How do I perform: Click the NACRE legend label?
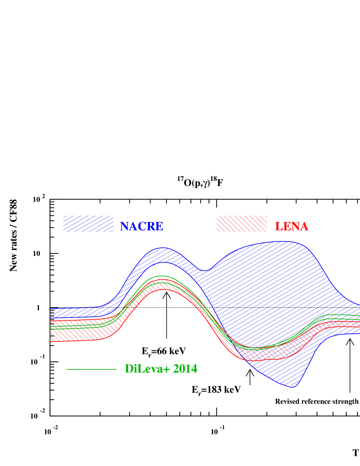(141, 227)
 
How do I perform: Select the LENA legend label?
(291, 227)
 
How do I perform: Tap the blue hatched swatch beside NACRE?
(88, 224)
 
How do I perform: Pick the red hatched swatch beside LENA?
(241, 224)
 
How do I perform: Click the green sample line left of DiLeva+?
(91, 369)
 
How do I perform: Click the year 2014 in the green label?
(185, 369)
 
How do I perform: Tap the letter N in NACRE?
(124, 227)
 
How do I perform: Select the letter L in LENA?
(279, 227)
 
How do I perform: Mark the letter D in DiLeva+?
(129, 369)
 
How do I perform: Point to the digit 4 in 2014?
(194, 369)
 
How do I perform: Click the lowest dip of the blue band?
(294, 387)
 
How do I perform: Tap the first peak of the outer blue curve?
(162, 248)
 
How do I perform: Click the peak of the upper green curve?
(161, 276)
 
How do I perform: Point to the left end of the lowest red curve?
(51, 341)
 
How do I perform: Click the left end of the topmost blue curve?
(51, 308)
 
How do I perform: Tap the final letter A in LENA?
(304, 227)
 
